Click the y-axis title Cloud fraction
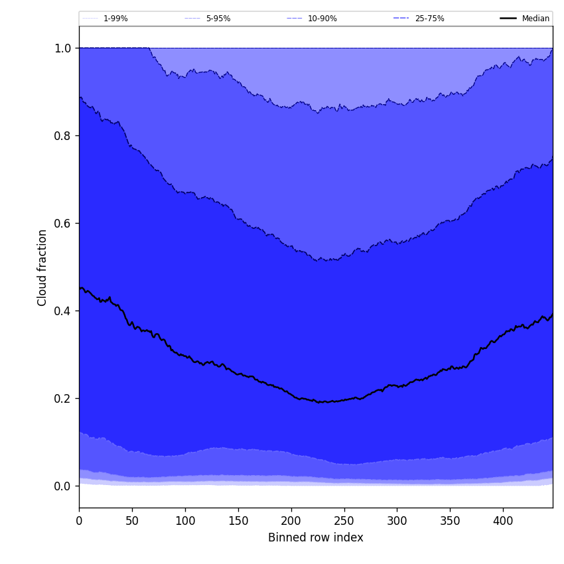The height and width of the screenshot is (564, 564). click(x=42, y=267)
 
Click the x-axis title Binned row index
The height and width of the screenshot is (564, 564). click(x=316, y=537)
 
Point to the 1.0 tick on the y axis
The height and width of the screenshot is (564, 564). click(x=62, y=48)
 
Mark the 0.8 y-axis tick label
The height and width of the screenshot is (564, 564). click(x=62, y=135)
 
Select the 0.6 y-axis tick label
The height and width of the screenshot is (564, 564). click(x=62, y=223)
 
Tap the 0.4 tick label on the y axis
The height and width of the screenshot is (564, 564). click(x=62, y=311)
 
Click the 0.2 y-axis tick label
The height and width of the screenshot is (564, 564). click(x=62, y=398)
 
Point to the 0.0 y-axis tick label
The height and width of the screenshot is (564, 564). click(x=62, y=486)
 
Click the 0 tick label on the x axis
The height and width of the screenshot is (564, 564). click(x=79, y=521)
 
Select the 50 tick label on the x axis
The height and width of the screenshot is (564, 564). click(x=132, y=521)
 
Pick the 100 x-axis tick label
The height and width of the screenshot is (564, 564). click(x=185, y=521)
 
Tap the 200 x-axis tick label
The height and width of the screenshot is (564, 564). click(x=291, y=521)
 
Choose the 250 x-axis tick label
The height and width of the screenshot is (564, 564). click(x=344, y=521)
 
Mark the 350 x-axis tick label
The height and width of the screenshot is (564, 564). click(x=450, y=521)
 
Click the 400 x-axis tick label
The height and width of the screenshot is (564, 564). click(x=503, y=521)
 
